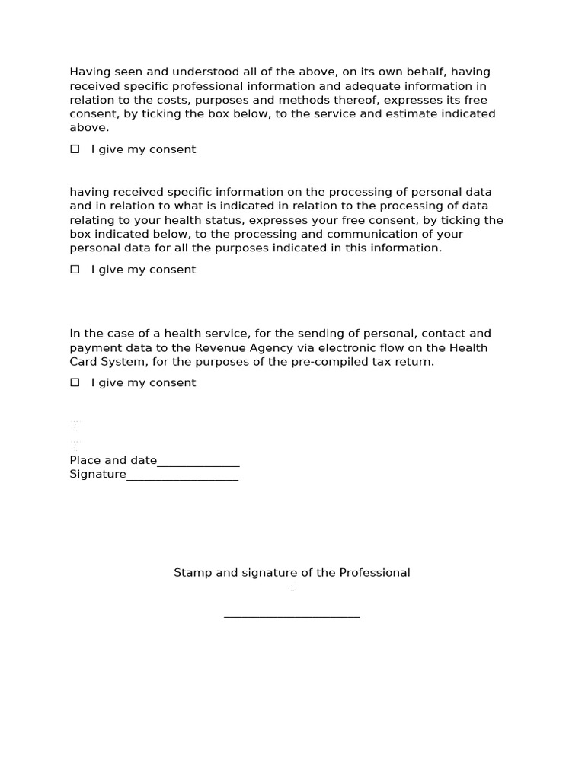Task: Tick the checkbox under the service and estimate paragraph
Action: click(x=75, y=149)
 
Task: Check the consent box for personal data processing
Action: click(x=75, y=270)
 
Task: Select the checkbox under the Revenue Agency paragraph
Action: click(x=75, y=382)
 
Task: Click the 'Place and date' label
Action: click(x=113, y=460)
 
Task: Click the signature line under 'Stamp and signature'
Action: click(x=292, y=616)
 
